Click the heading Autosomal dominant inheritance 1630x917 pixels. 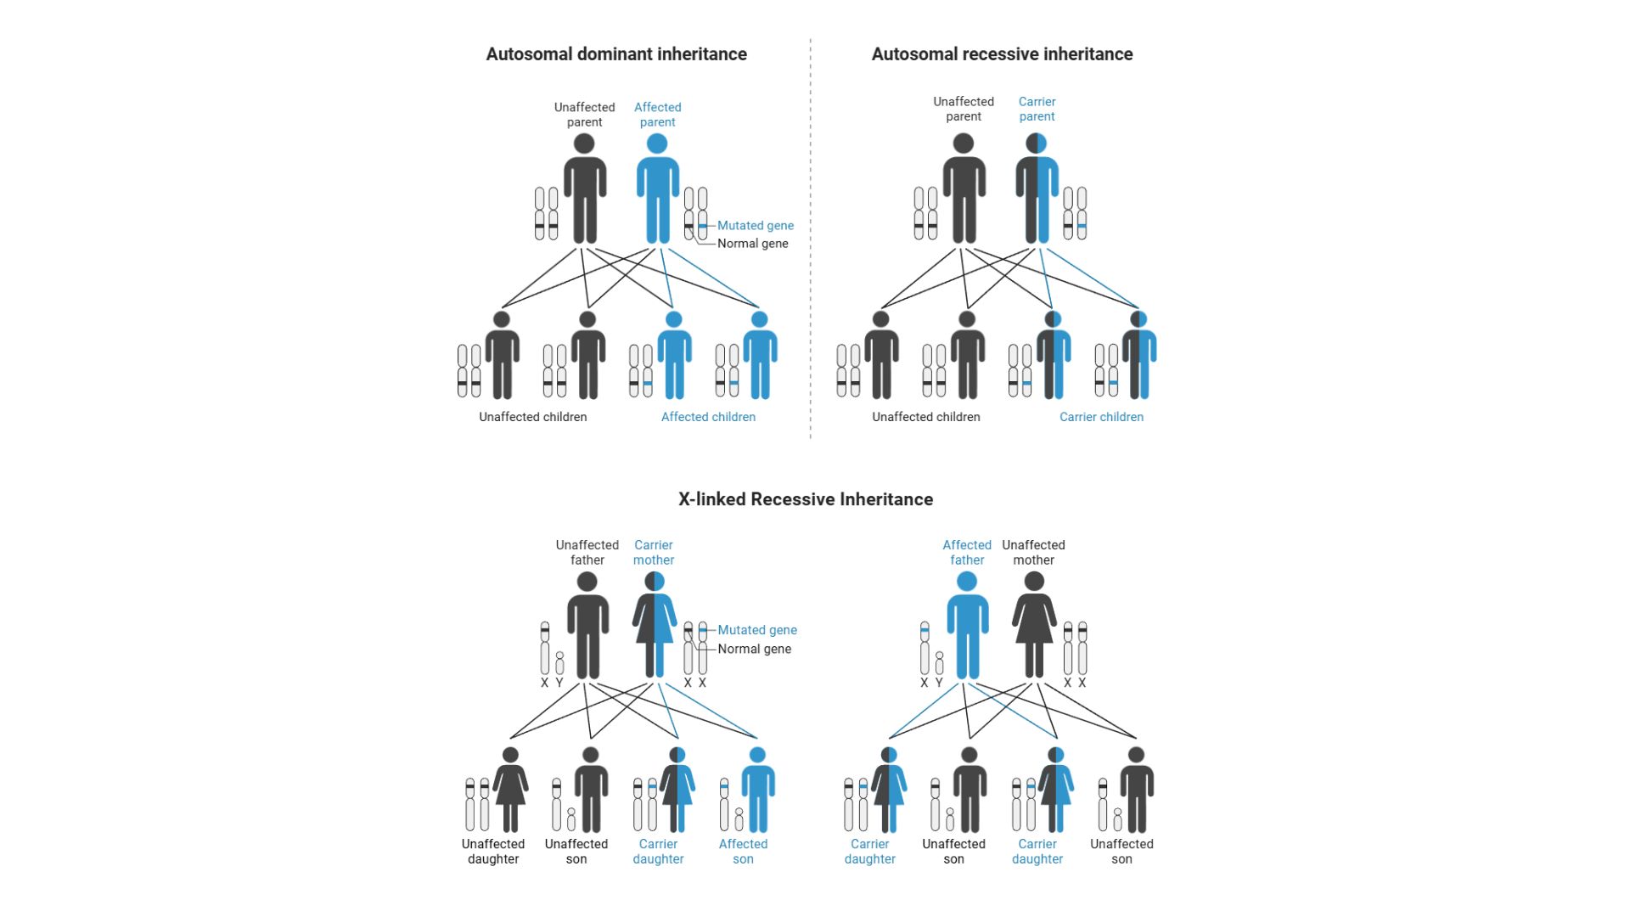(616, 54)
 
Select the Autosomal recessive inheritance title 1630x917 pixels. (1002, 54)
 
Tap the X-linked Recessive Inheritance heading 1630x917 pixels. (805, 499)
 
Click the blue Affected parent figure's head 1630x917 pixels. (657, 143)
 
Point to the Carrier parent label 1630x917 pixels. (1037, 109)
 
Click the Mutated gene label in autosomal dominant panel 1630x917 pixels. (756, 225)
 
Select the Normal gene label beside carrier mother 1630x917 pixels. (755, 649)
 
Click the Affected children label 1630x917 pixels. (708, 417)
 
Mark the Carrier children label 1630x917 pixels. (1101, 417)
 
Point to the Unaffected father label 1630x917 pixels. (587, 553)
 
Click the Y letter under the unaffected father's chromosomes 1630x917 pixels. (559, 683)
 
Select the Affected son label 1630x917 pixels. (743, 852)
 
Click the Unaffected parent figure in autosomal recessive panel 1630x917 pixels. (964, 191)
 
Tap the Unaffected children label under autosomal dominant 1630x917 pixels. (532, 417)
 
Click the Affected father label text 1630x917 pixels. (967, 553)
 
